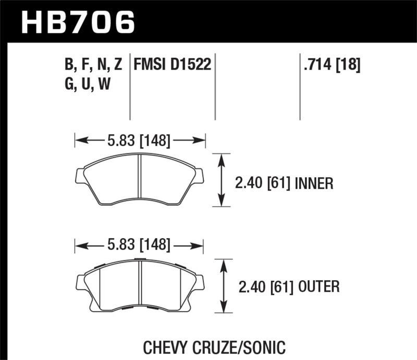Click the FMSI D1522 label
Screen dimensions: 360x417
pyautogui.click(x=172, y=65)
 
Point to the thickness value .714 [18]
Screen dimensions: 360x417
pyautogui.click(x=331, y=65)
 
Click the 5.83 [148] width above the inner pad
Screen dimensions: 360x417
pyautogui.click(x=140, y=140)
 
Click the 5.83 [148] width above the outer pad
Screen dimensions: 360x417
pyautogui.click(x=140, y=244)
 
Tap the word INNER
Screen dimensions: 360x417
pyautogui.click(x=314, y=183)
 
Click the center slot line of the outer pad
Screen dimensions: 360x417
pyautogui.click(x=141, y=284)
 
